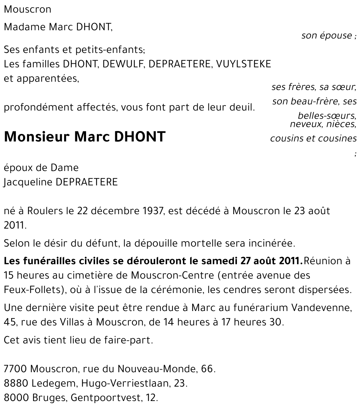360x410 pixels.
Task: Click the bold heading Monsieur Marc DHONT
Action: coord(85,136)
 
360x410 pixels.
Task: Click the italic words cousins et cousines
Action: coord(313,138)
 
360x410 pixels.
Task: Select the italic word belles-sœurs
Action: coord(327,116)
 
